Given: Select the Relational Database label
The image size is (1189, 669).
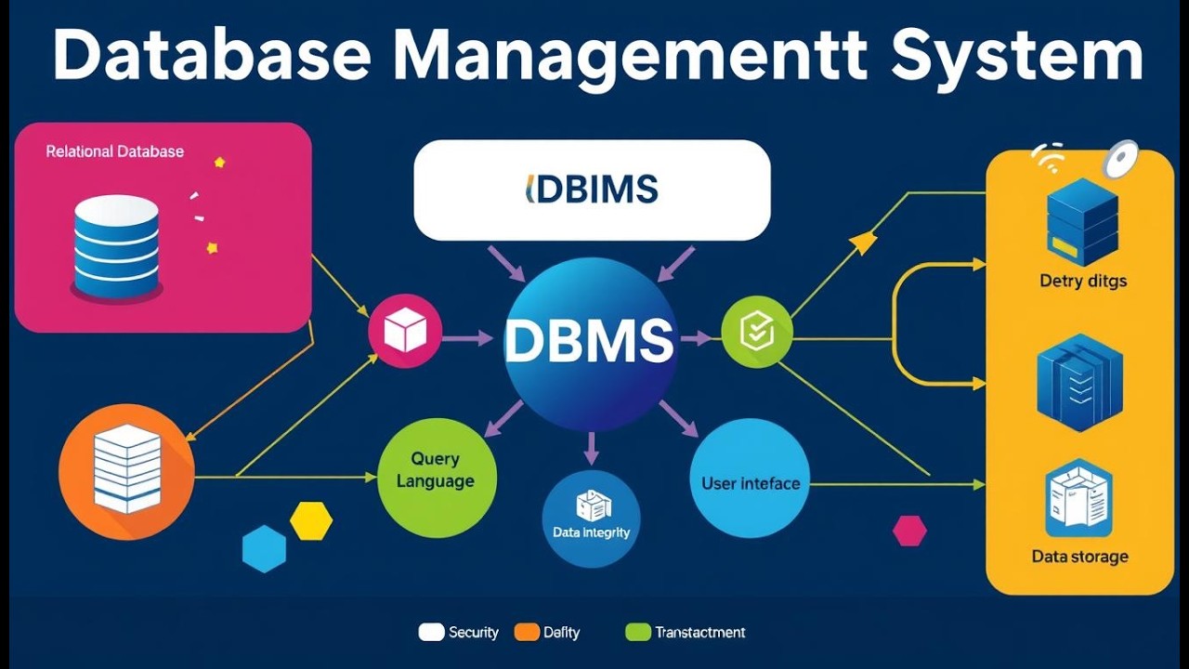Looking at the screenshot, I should tap(115, 151).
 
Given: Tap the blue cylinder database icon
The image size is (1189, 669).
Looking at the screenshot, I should tap(116, 245).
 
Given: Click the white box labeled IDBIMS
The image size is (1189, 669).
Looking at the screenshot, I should tap(592, 190).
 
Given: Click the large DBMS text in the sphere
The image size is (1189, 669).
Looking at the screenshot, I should tap(589, 342).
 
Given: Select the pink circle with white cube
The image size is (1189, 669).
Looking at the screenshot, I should tap(405, 332).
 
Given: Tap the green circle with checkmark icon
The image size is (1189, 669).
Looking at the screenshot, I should tap(757, 332).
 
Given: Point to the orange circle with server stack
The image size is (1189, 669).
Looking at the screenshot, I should tap(127, 471).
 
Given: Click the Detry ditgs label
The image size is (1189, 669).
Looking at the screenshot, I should tap(1083, 281).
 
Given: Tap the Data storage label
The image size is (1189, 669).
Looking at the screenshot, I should tap(1079, 557).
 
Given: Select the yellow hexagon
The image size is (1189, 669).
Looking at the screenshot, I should tap(311, 521).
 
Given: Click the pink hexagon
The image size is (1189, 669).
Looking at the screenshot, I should tap(909, 531).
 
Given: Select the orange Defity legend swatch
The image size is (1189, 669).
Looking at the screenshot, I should tap(527, 633).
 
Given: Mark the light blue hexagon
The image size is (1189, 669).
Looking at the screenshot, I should tap(264, 548).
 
